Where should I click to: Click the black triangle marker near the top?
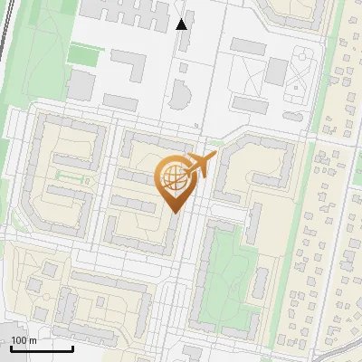click(x=182, y=24)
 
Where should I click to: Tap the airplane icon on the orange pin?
click(x=200, y=165)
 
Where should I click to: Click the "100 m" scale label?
click(x=24, y=340)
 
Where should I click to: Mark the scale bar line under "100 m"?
click(x=42, y=348)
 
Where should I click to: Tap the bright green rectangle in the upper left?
click(x=82, y=55)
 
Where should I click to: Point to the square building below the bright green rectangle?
click(x=81, y=85)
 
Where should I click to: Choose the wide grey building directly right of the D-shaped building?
click(x=250, y=105)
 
